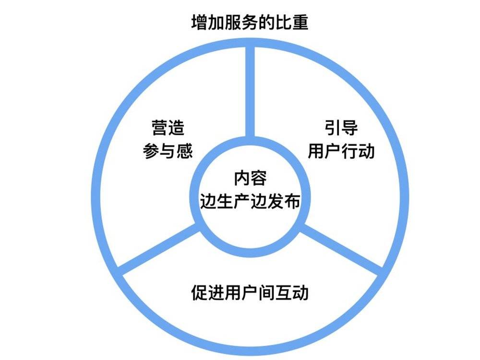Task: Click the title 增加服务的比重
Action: [250, 23]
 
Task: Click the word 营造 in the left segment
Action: [168, 128]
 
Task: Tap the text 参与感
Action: [168, 151]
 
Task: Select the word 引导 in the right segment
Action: [341, 128]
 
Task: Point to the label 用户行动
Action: [341, 151]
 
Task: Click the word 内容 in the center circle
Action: [250, 178]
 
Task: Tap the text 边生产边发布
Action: [250, 201]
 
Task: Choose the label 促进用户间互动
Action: [250, 292]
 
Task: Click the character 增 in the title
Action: [200, 23]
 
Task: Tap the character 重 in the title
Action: [300, 23]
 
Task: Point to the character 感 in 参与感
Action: [185, 151]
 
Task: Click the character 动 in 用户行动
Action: [367, 151]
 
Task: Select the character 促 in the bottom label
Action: [200, 292]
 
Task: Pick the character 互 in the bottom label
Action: [284, 292]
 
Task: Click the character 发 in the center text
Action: [275, 201]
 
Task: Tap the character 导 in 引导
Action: [349, 128]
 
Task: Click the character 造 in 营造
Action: [177, 128]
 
